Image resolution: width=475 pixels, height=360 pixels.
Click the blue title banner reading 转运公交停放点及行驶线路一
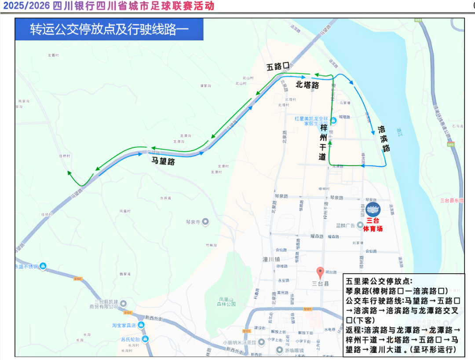click(109, 29)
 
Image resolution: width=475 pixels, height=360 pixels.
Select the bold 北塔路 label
click(307, 85)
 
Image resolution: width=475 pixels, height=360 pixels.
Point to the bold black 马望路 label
click(163, 161)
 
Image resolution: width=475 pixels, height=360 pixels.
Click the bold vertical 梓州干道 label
click(323, 142)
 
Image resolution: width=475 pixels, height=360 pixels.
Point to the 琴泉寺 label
click(192, 222)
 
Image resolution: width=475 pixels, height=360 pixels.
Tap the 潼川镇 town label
click(271, 259)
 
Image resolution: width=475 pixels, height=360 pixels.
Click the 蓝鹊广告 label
click(346, 225)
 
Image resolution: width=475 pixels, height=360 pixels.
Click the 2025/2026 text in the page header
click(26, 6)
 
